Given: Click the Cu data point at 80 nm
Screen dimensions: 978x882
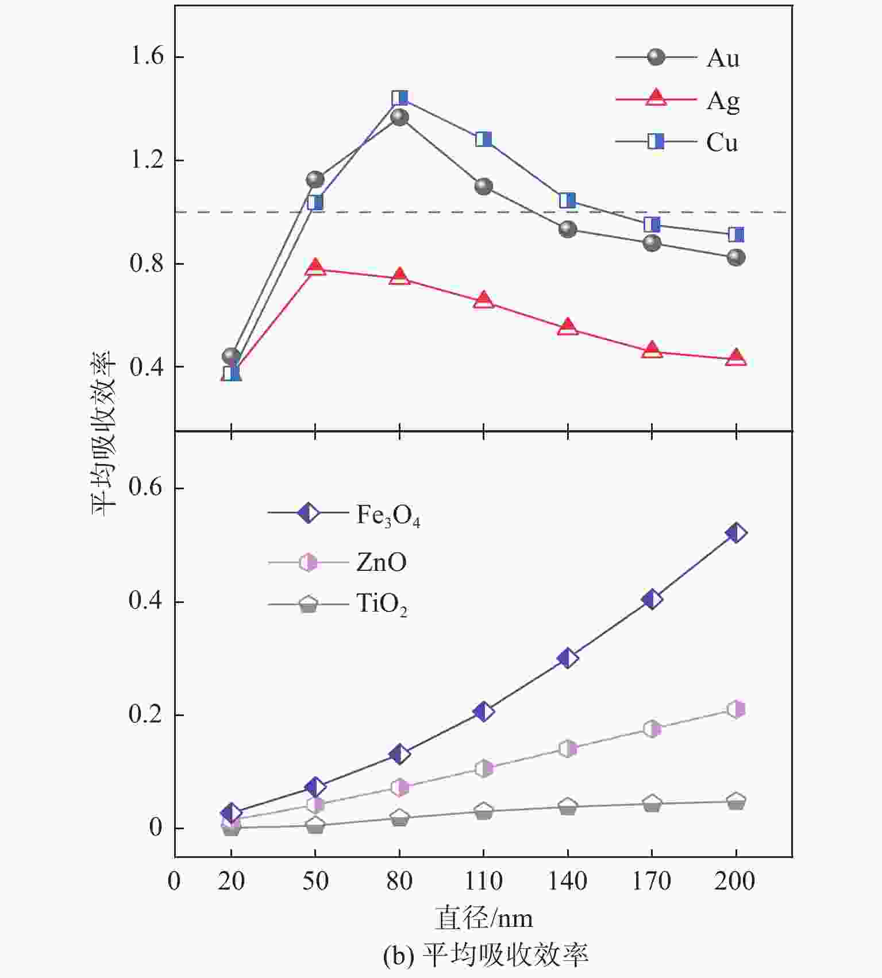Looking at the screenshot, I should tap(399, 98).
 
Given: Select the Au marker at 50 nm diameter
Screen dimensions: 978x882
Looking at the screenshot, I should tap(315, 179).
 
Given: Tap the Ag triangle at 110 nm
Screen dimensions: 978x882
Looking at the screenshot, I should tap(483, 300).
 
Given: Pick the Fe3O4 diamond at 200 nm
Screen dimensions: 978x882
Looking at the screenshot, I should tap(736, 533).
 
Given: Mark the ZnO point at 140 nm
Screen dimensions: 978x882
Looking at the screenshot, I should tap(568, 749).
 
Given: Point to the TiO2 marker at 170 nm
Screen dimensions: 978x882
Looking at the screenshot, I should tap(652, 803).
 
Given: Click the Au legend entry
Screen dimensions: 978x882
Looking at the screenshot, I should tap(723, 58).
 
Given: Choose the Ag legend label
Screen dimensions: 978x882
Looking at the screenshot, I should tap(723, 101).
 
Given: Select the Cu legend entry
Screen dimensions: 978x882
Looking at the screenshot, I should tap(722, 142).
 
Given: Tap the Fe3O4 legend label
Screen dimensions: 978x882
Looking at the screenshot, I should tap(388, 515).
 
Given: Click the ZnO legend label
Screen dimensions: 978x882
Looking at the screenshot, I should tap(382, 562).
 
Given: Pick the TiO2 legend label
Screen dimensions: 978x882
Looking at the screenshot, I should tap(382, 605).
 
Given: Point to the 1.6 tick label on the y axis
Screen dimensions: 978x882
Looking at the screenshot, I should tap(147, 57).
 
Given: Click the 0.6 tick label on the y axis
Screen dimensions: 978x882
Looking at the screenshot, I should tap(145, 488).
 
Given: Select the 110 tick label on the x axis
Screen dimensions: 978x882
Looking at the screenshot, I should tap(483, 880).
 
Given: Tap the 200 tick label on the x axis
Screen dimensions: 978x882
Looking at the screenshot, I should tap(735, 880).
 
